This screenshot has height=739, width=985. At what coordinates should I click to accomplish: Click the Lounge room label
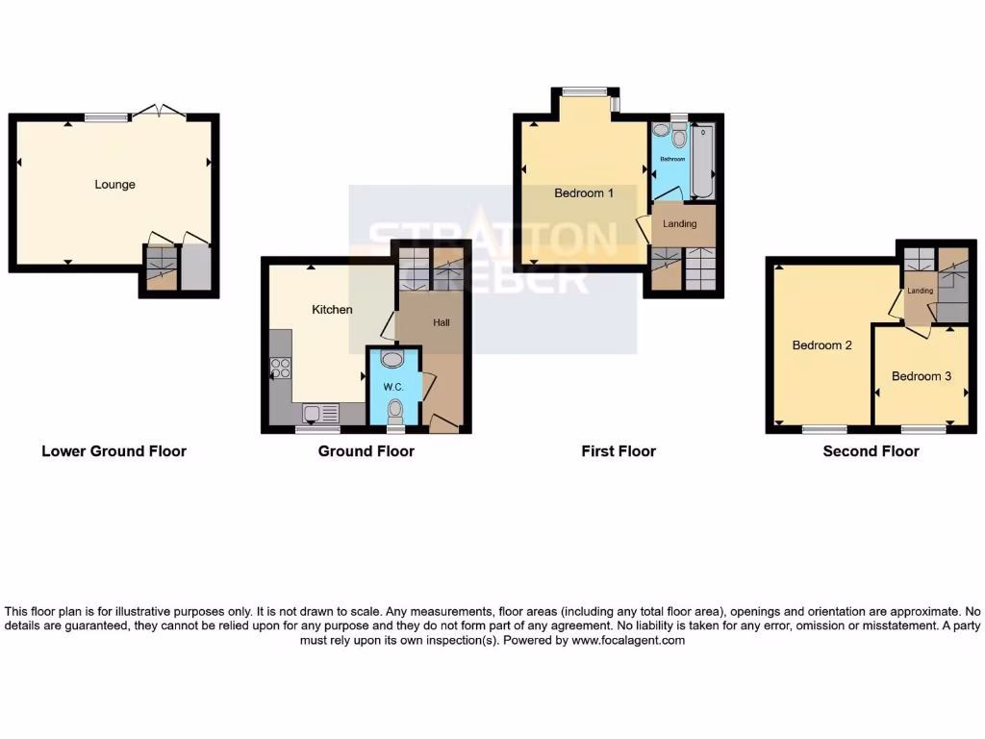114,185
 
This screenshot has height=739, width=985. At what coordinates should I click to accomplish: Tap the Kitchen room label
332,310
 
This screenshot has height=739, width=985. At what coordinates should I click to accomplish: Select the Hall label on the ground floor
442,322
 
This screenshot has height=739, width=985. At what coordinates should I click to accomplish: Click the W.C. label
392,387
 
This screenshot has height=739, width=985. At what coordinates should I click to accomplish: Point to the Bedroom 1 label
584,193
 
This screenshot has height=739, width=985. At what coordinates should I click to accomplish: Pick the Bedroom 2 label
821,345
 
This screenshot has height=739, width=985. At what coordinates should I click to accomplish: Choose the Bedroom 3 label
921,376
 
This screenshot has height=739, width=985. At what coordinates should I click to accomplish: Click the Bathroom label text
671,159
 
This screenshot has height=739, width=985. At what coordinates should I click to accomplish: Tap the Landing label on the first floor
680,224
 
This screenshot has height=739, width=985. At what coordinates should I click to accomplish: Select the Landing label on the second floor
920,291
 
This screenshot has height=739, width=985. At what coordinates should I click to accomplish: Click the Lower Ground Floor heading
114,451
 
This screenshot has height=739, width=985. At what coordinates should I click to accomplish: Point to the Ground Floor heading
366,451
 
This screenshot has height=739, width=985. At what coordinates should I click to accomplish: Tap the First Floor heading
618,451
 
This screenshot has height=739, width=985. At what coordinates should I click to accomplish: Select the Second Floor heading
871,451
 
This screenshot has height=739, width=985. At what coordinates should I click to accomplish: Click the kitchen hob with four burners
282,367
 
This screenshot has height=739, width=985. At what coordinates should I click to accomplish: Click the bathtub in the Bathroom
702,161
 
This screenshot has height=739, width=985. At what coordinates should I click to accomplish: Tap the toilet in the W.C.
393,411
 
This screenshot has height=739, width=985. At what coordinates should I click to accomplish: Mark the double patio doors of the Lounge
159,112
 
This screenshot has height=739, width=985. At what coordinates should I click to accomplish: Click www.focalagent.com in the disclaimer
628,640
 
